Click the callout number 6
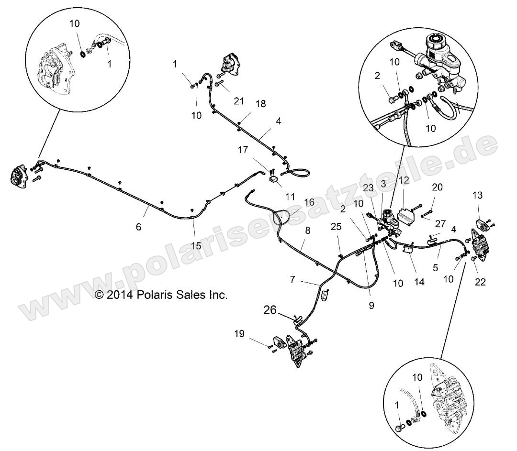click(139, 227)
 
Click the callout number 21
click(239, 101)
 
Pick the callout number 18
click(260, 103)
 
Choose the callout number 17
click(243, 150)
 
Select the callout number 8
click(307, 231)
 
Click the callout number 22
click(480, 282)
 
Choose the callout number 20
click(438, 187)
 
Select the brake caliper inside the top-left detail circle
click(53, 67)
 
